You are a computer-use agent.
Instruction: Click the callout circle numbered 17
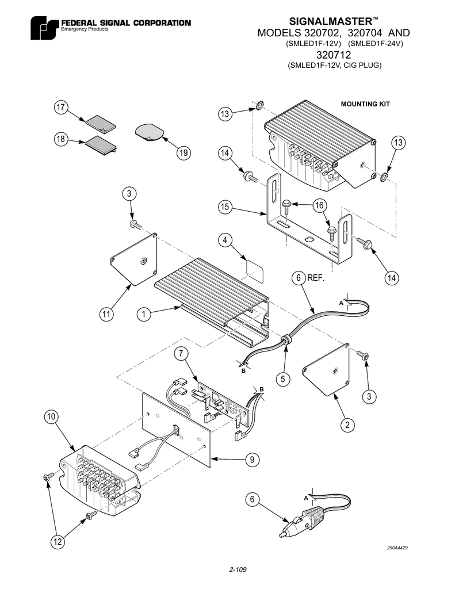pyautogui.click(x=61, y=108)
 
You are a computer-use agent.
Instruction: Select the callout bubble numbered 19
pyautogui.click(x=183, y=153)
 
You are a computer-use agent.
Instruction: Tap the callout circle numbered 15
pyautogui.click(x=225, y=206)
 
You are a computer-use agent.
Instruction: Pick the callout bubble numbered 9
pyautogui.click(x=252, y=459)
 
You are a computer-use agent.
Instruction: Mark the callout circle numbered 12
pyautogui.click(x=57, y=542)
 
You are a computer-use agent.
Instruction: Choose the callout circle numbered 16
pyautogui.click(x=320, y=205)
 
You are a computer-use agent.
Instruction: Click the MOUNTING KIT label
pyautogui.click(x=365, y=104)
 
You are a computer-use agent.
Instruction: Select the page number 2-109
pyautogui.click(x=238, y=570)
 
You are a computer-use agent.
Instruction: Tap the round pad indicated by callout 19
pyautogui.click(x=149, y=132)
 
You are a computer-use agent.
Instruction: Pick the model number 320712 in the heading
pyautogui.click(x=334, y=54)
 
